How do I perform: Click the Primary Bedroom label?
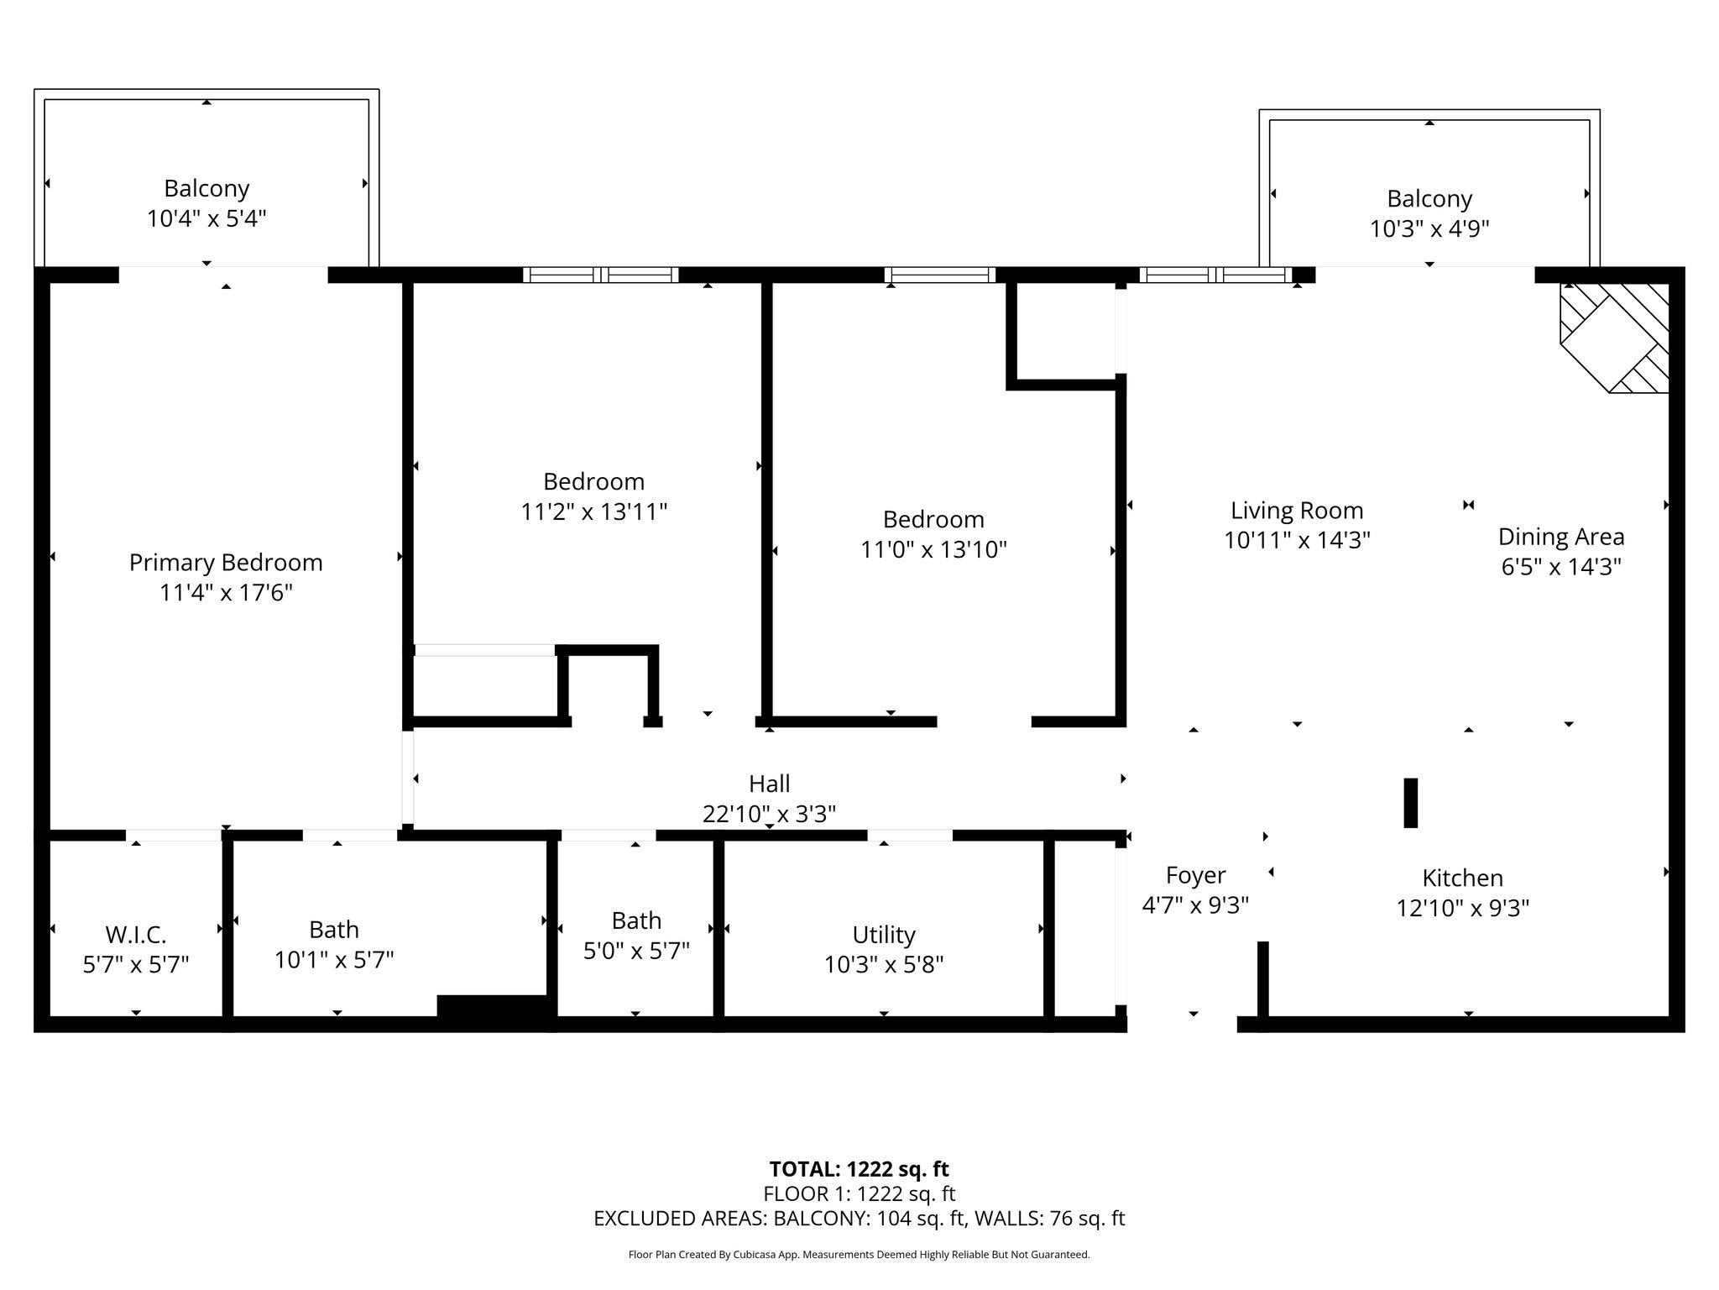pos(226,563)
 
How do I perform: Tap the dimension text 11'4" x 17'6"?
pos(226,593)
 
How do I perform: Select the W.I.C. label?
pos(136,934)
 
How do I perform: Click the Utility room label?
pos(884,935)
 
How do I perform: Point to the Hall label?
pos(770,784)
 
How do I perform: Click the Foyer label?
pos(1196,876)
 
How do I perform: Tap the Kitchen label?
pos(1463,878)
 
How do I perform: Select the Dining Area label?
pos(1561,537)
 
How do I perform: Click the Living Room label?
pos(1297,511)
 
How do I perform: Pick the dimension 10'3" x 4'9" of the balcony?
pos(1429,228)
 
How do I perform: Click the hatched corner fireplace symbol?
pos(1614,338)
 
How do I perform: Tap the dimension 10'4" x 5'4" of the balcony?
pos(206,218)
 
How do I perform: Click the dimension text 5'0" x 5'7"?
pos(636,951)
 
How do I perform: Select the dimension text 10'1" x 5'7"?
pos(334,959)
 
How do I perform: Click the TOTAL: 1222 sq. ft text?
pos(859,1169)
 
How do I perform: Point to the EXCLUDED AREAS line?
pos(859,1219)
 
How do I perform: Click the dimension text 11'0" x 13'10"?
pos(933,549)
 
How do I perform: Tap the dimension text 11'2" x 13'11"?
pos(594,511)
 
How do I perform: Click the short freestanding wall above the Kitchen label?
pos(1411,803)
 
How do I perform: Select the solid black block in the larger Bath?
pos(495,1007)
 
